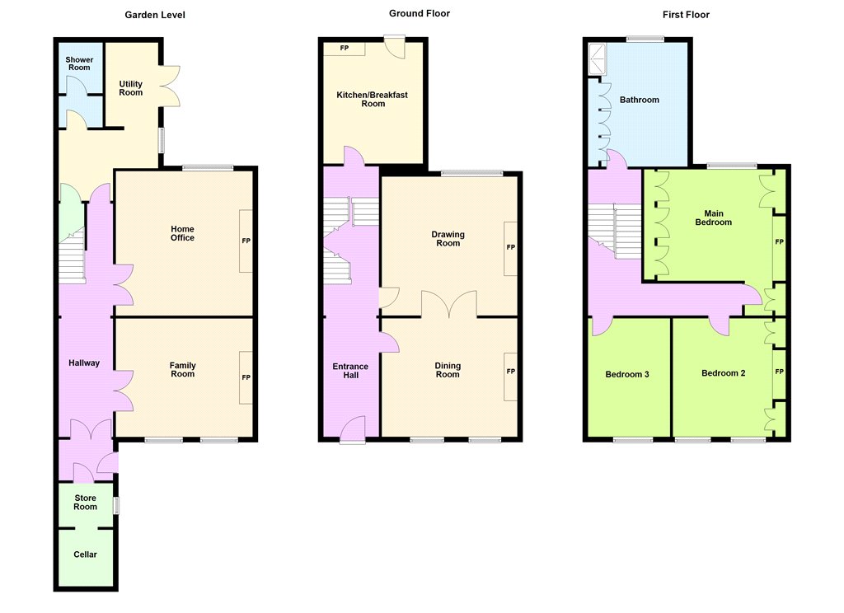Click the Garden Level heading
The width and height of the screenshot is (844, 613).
[x=155, y=15]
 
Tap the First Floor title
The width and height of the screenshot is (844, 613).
[x=686, y=15]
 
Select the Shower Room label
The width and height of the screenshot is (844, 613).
[x=79, y=63]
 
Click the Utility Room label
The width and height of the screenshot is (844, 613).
[x=131, y=87]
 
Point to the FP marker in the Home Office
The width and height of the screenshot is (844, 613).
[x=246, y=241]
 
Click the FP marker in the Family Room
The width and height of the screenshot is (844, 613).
[x=246, y=377]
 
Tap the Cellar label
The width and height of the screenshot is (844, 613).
[x=85, y=555]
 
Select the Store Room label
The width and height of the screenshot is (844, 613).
[x=85, y=502]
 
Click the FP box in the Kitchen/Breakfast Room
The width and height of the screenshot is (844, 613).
[x=344, y=49]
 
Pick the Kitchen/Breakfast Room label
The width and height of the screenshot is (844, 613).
[x=373, y=99]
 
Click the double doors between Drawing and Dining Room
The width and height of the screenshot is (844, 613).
[x=449, y=305]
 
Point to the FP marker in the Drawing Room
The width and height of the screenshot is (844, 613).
[x=511, y=247]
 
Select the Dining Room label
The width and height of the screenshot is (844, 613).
[x=448, y=370]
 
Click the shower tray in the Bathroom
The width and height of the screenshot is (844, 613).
[x=598, y=59]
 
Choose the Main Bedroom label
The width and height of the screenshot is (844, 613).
[x=714, y=218]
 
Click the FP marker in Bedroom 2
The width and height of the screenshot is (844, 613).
[x=780, y=372]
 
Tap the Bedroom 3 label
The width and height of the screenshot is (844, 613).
[x=627, y=374]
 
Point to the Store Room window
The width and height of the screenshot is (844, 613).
[x=116, y=505]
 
